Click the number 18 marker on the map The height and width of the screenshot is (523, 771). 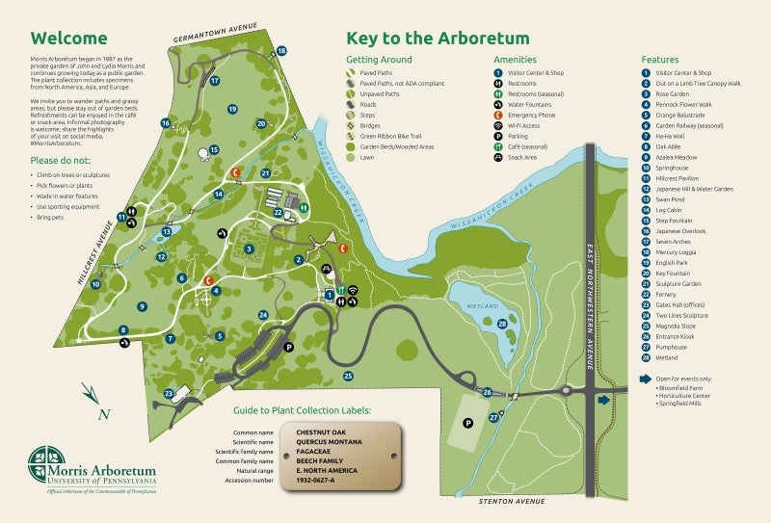pyautogui.click(x=281, y=51)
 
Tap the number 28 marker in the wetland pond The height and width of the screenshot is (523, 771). pyautogui.click(x=502, y=325)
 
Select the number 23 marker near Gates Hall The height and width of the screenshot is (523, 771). pyautogui.click(x=169, y=393)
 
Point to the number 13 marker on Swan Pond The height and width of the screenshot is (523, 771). pyautogui.click(x=167, y=231)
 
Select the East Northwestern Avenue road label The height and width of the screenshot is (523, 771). pyautogui.click(x=589, y=299)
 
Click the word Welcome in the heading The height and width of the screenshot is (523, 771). pyautogui.click(x=67, y=39)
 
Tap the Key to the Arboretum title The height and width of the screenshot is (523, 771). pyautogui.click(x=438, y=39)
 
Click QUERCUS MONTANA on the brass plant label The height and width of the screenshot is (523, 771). pyautogui.click(x=329, y=442)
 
